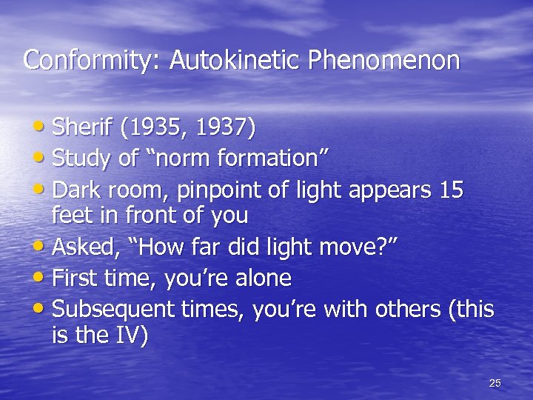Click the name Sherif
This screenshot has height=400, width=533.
pyautogui.click(x=81, y=128)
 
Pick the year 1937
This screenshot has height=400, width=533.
pyautogui.click(x=223, y=128)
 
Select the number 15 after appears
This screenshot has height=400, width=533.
pyautogui.click(x=450, y=190)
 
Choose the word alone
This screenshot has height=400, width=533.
pyautogui.click(x=258, y=278)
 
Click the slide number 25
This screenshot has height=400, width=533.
pyautogui.click(x=495, y=383)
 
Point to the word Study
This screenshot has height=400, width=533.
pyautogui.click(x=78, y=159)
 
